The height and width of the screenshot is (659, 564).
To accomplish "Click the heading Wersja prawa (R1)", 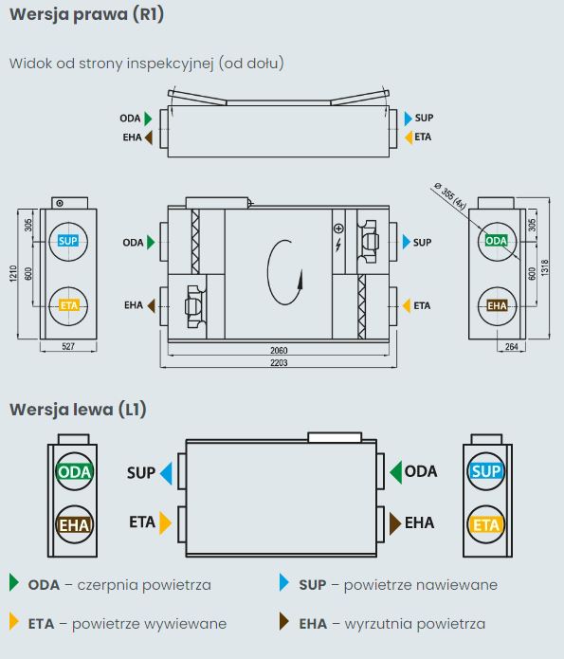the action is pyautogui.click(x=86, y=15).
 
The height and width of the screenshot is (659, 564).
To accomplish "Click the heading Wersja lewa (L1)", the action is pyautogui.click(x=78, y=410).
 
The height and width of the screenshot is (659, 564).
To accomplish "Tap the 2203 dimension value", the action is pyautogui.click(x=279, y=363).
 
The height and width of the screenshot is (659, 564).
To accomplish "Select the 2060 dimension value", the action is pyautogui.click(x=279, y=350).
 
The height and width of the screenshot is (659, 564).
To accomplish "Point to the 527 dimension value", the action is pyautogui.click(x=68, y=346).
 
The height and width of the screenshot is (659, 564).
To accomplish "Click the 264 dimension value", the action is pyautogui.click(x=512, y=347).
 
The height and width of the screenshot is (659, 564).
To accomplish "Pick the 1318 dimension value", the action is pyautogui.click(x=545, y=267).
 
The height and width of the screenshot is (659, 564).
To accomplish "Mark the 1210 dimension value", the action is pyautogui.click(x=13, y=273).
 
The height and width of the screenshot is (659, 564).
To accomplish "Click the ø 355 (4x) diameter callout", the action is pyautogui.click(x=449, y=195).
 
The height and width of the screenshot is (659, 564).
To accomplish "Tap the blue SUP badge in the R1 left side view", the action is pyautogui.click(x=68, y=241).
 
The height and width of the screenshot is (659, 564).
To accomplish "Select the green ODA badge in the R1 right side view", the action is pyautogui.click(x=497, y=241).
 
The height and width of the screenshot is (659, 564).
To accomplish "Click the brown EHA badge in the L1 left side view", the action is pyautogui.click(x=74, y=525).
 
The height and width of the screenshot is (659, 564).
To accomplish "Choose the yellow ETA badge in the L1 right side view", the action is pyautogui.click(x=486, y=525).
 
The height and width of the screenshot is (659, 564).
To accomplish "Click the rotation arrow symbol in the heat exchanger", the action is pyautogui.click(x=285, y=272).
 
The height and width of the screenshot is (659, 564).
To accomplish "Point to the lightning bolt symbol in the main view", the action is pyautogui.click(x=338, y=245).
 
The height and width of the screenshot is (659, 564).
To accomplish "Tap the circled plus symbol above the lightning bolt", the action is pyautogui.click(x=338, y=229).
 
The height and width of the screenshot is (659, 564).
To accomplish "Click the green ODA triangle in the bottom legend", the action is pyautogui.click(x=14, y=583).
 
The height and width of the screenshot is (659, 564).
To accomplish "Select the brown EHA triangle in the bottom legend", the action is pyautogui.click(x=284, y=621).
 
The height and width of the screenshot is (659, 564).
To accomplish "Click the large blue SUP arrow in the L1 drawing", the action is pyautogui.click(x=167, y=474).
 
